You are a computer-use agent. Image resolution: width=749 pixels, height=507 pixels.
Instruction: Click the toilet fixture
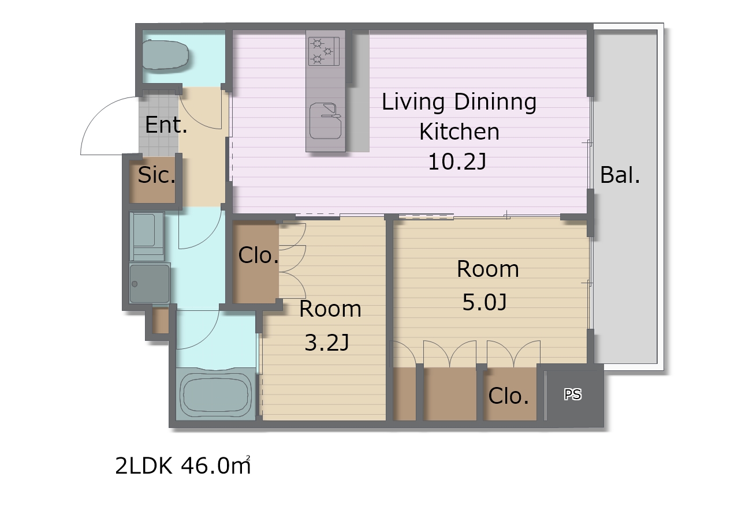166,55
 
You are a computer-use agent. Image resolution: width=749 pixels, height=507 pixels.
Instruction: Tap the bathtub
215,393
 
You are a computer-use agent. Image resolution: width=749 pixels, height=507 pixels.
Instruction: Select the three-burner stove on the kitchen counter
324,51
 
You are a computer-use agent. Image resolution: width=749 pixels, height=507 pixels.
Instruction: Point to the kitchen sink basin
325,121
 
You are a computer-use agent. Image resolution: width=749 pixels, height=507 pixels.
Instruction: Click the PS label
573,395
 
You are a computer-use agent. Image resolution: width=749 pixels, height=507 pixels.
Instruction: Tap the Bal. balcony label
620,175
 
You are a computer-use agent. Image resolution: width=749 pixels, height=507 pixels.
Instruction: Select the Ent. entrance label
166,125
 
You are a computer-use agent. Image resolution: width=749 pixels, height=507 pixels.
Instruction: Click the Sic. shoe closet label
156,175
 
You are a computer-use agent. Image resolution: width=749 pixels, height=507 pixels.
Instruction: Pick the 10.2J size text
457,162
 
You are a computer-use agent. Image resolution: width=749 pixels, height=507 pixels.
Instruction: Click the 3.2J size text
327,343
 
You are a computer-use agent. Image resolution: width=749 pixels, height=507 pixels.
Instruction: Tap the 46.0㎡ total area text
215,465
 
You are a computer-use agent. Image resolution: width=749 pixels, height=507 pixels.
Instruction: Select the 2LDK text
144,465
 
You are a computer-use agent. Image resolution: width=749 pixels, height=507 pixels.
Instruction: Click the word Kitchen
460,132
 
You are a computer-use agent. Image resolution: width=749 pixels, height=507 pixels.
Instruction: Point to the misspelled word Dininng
495,102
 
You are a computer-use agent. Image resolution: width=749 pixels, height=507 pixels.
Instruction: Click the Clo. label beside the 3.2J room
259,256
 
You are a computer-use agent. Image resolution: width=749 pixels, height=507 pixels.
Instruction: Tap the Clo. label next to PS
508,396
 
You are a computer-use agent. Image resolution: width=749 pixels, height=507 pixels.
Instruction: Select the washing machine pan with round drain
150,284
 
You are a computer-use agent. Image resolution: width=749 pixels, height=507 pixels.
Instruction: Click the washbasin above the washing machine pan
147,236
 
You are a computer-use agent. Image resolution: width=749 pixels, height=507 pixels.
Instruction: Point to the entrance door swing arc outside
97,114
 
